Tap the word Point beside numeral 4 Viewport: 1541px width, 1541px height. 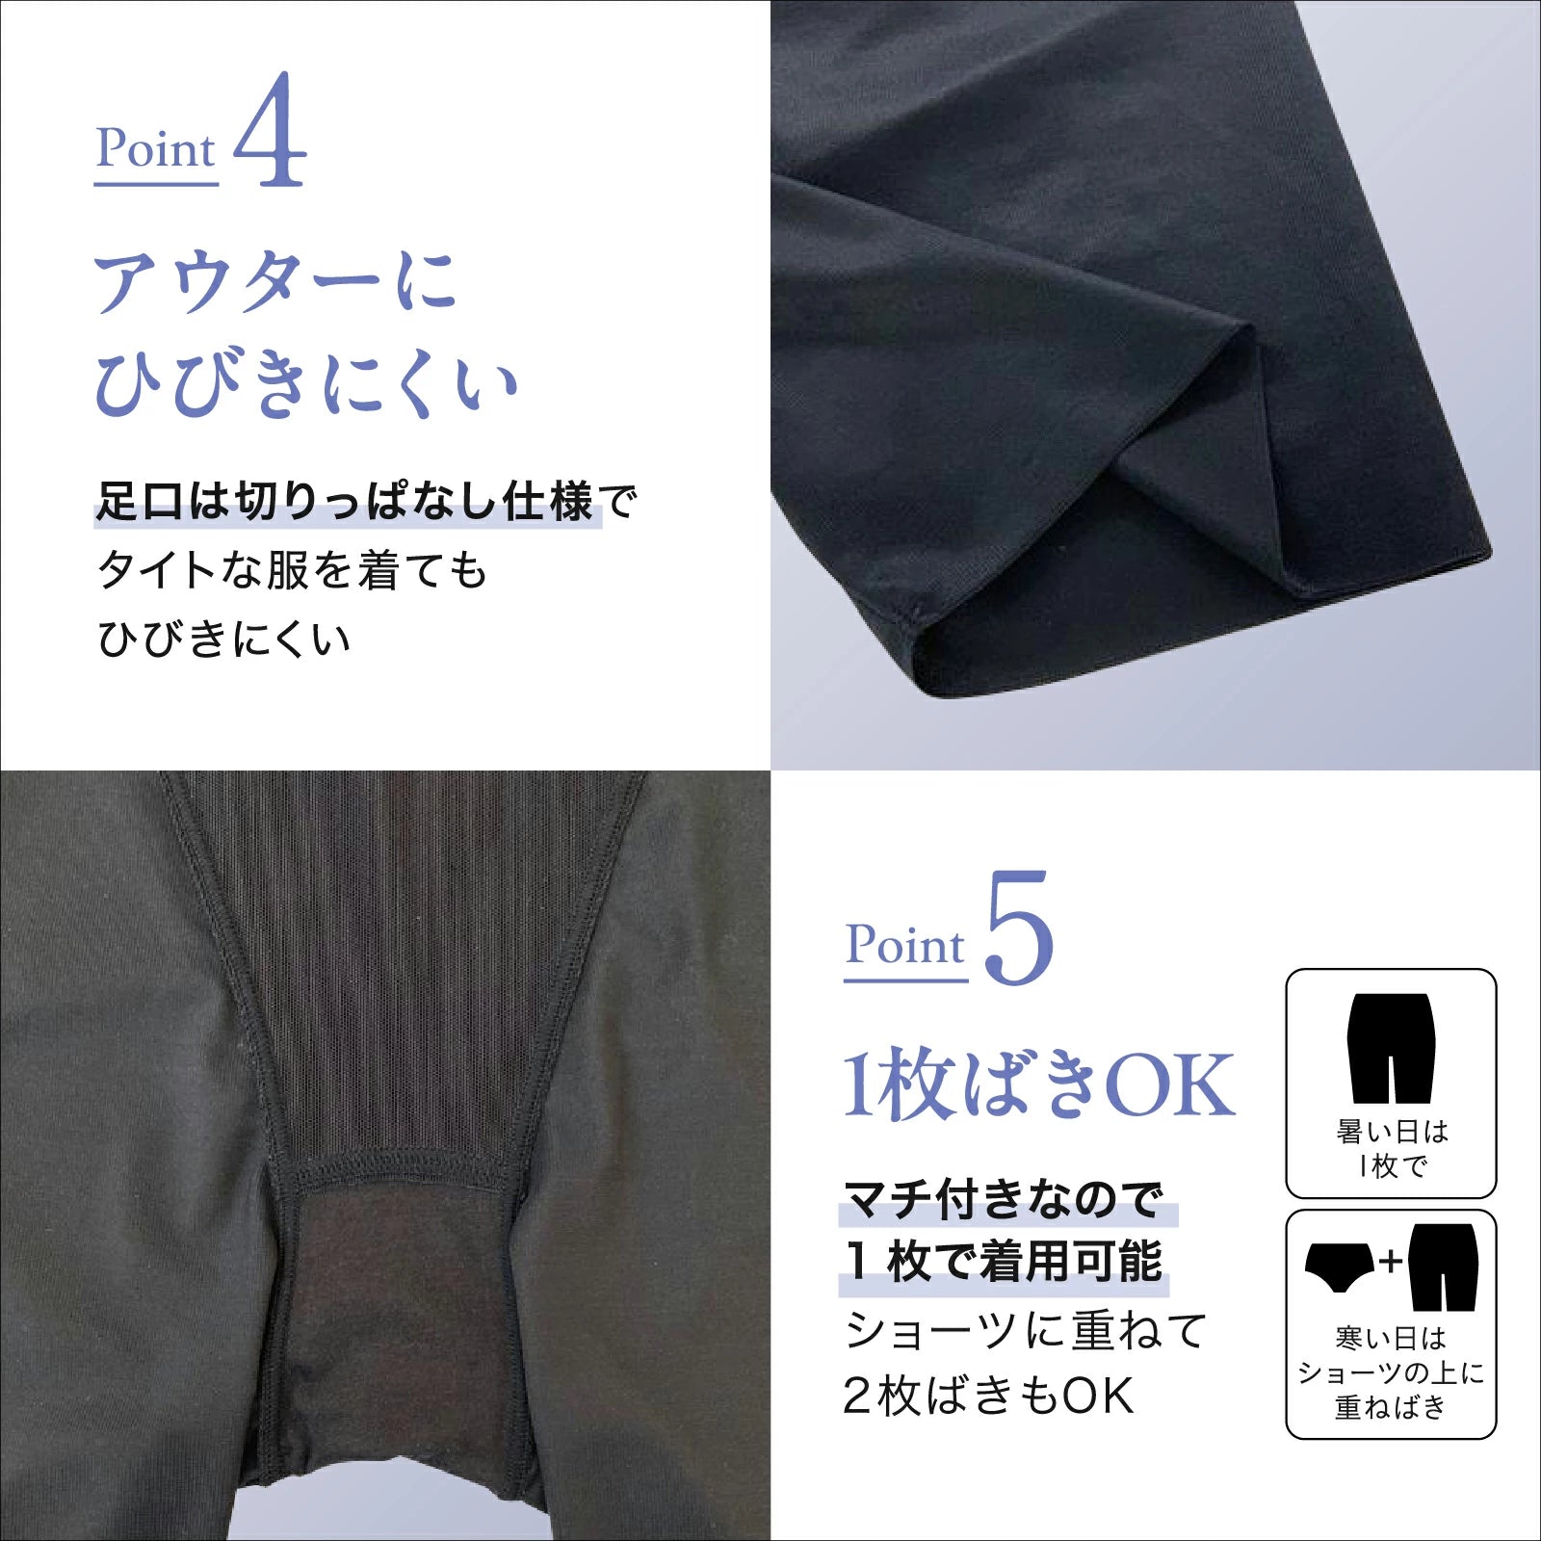156,149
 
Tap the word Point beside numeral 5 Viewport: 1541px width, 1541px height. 905,945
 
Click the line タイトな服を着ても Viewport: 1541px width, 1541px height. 292,570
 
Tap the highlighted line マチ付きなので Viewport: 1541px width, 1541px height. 1005,1199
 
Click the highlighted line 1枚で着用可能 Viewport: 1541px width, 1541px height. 1005,1262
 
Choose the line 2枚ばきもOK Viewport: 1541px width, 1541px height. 988,1396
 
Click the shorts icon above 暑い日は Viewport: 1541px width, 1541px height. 1392,1048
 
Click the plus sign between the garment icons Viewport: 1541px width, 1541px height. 1391,1261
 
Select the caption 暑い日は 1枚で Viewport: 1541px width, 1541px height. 1392,1148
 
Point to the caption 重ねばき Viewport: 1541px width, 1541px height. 1391,1407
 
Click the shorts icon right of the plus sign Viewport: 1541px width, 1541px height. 1443,1267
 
